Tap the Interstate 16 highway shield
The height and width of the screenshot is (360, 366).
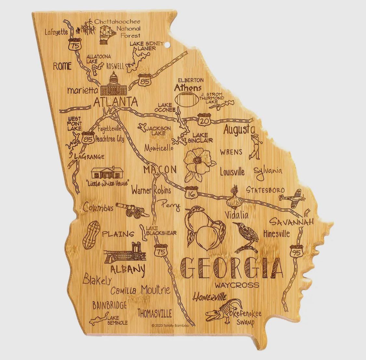pos(191,193)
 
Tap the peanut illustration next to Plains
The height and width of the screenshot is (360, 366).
pos(91,235)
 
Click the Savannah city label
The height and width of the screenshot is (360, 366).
pos(291,222)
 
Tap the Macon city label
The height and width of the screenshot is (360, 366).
pos(160,170)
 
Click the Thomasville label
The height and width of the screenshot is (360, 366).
pos(155,313)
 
